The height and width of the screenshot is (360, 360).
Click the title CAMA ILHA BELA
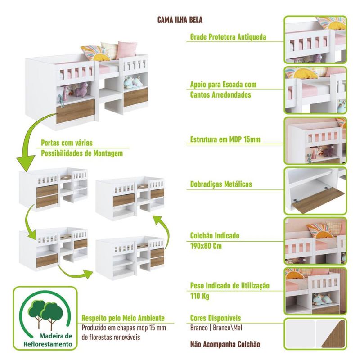180,20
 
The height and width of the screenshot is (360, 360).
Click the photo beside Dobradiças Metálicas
315,190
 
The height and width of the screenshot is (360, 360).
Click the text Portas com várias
67,143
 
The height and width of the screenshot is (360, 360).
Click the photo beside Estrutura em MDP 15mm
315,140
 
